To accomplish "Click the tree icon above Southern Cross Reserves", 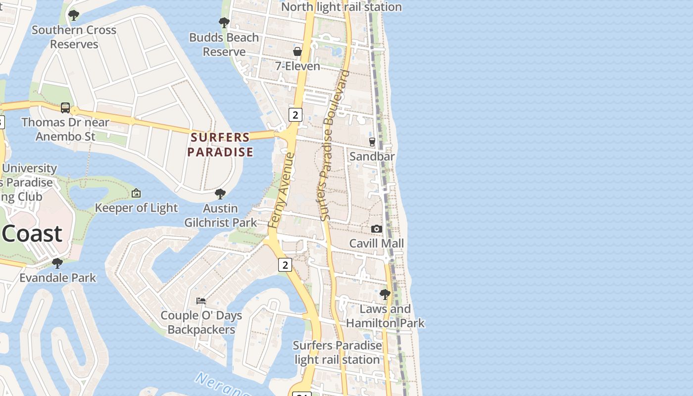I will pyautogui.click(x=74, y=15).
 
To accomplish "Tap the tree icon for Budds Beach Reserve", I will pyautogui.click(x=224, y=22).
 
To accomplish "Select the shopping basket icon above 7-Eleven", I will pyautogui.click(x=297, y=51).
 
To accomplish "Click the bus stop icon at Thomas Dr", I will pyautogui.click(x=65, y=107).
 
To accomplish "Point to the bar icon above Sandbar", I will pyautogui.click(x=372, y=142).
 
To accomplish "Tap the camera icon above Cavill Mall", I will pyautogui.click(x=377, y=229).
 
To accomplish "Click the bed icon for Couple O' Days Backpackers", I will pyautogui.click(x=201, y=300).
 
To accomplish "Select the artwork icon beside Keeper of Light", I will pyautogui.click(x=136, y=193).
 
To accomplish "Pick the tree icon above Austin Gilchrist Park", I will pyautogui.click(x=220, y=194).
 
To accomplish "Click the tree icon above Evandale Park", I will pyautogui.click(x=57, y=263).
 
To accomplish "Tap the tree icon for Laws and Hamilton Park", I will pyautogui.click(x=385, y=295).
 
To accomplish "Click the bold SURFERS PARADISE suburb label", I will pyautogui.click(x=220, y=145).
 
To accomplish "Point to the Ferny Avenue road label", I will pyautogui.click(x=281, y=191).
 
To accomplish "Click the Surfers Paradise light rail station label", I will pyautogui.click(x=337, y=352).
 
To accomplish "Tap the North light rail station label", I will pyautogui.click(x=342, y=7).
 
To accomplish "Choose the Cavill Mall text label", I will pyautogui.click(x=377, y=243).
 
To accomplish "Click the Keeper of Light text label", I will pyautogui.click(x=136, y=208).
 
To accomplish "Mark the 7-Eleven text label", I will pyautogui.click(x=297, y=66).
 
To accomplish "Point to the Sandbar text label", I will pyautogui.click(x=372, y=156).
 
